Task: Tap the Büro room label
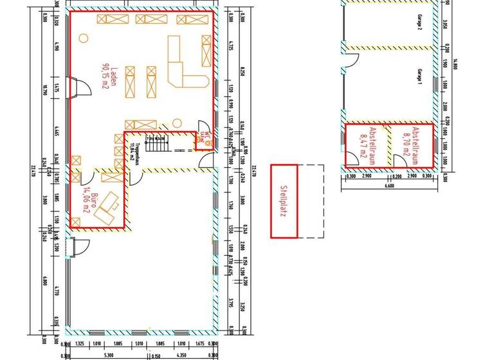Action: point(94,196)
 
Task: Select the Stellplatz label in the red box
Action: point(283,201)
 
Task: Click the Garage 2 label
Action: point(419,24)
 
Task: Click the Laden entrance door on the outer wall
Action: point(75,87)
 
